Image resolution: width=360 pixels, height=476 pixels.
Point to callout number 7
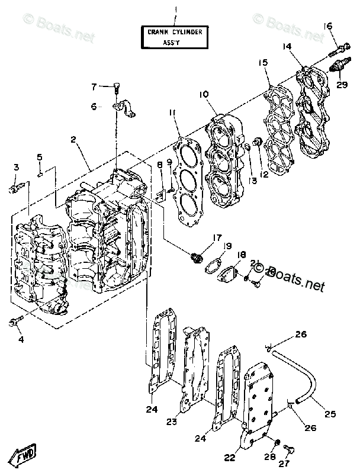point(94,88)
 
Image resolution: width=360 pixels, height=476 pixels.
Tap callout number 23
point(172,422)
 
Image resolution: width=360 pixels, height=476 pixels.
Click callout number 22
point(229,457)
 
